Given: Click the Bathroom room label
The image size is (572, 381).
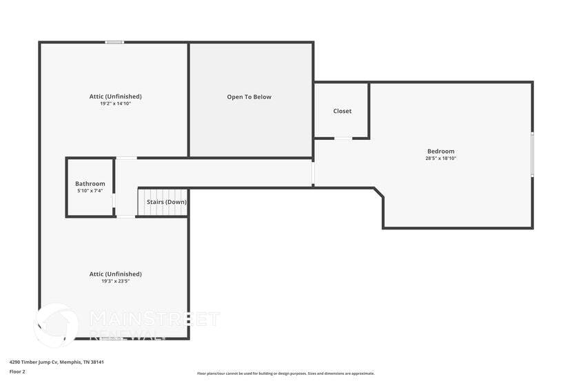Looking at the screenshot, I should pos(90,183).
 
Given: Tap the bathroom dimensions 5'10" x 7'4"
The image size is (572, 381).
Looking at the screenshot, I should pos(90,191).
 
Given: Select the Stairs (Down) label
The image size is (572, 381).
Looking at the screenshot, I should pos(166,202).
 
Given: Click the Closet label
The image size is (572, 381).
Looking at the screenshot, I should pos(343,111).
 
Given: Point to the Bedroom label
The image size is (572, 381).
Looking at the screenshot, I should pos(441,151).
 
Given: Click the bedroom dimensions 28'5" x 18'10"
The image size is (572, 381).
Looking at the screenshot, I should pos(441,158).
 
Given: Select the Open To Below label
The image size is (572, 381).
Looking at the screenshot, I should pos(249,97).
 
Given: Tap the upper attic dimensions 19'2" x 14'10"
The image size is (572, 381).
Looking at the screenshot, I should pos(116,103).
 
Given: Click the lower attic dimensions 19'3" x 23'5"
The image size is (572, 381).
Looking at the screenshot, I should pos(116,281).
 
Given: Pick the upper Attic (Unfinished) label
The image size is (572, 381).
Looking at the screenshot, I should pos(116,96).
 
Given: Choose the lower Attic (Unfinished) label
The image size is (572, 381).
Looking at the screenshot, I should pos(116,274).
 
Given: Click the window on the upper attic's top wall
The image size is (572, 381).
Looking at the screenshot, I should pos(114,43).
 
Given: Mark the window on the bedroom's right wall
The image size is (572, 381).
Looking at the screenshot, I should pos(532,154).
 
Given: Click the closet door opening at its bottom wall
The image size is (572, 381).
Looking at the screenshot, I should pos(343,138).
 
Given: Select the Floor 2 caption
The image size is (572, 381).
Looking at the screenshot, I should pos(17,371).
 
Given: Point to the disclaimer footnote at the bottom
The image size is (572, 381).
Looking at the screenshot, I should pos(286,373).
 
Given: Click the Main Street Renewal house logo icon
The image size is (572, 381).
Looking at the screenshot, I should pos(57,323).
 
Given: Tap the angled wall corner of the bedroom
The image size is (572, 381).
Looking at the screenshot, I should pos(379,193).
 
